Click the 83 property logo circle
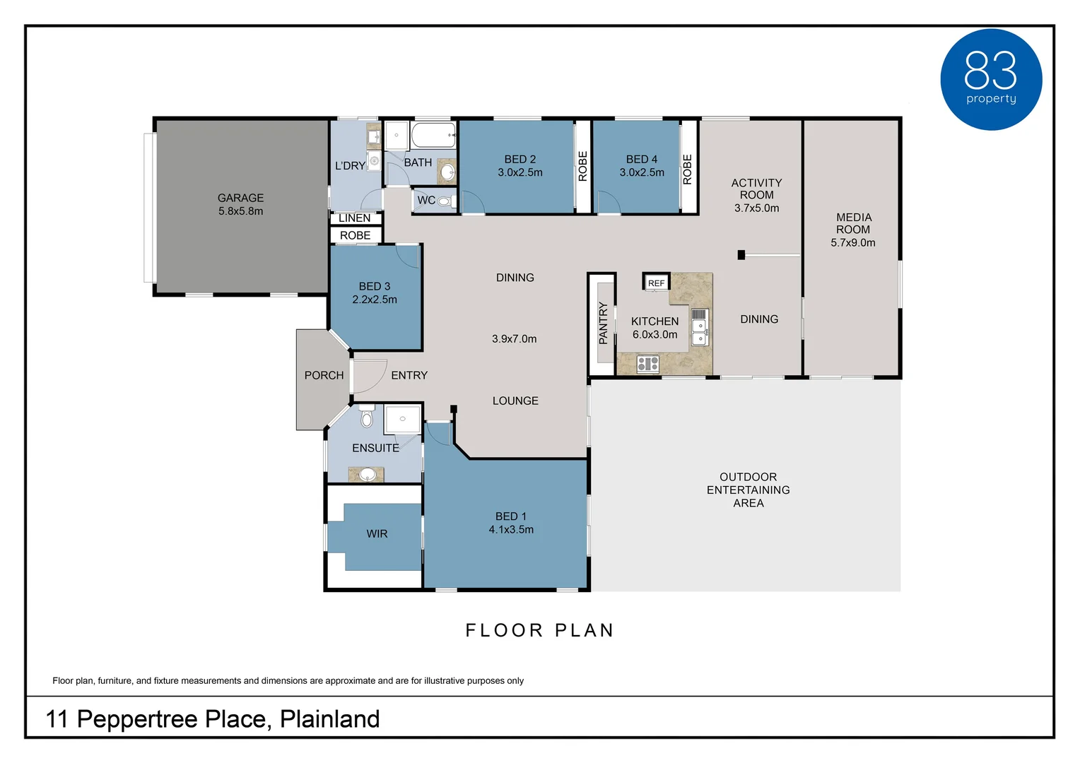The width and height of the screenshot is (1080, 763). (990, 79)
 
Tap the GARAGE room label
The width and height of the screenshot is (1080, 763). (240, 198)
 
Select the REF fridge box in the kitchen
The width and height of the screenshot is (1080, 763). (656, 283)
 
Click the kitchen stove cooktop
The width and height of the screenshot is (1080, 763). (647, 364)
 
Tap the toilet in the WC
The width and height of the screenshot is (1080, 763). (444, 201)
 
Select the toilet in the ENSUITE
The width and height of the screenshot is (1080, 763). (366, 418)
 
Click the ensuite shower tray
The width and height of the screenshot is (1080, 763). (402, 419)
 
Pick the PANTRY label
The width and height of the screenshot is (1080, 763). (603, 323)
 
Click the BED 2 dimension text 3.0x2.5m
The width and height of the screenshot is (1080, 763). (520, 172)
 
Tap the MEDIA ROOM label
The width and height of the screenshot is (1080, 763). (853, 223)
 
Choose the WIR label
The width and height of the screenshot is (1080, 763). (377, 534)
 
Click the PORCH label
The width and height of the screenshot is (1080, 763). (324, 375)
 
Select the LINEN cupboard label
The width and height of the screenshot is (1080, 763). (354, 218)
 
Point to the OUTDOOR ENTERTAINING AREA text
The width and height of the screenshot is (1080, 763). (748, 490)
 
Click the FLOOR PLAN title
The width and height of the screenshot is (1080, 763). (539, 630)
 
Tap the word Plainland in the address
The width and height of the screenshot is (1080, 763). (329, 719)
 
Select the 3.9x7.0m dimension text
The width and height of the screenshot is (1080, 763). (514, 339)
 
